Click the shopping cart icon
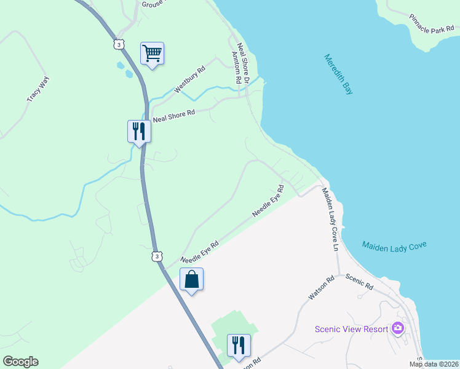(x=152, y=53)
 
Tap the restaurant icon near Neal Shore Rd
(x=139, y=130)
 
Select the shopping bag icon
(x=191, y=279)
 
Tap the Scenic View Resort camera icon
(x=398, y=328)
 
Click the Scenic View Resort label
(x=351, y=328)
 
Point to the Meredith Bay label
(x=339, y=74)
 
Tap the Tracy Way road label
(x=38, y=89)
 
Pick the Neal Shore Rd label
(x=173, y=114)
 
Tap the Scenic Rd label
(x=360, y=282)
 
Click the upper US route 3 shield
(x=119, y=44)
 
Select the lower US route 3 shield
(x=157, y=255)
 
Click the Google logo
(x=20, y=362)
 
